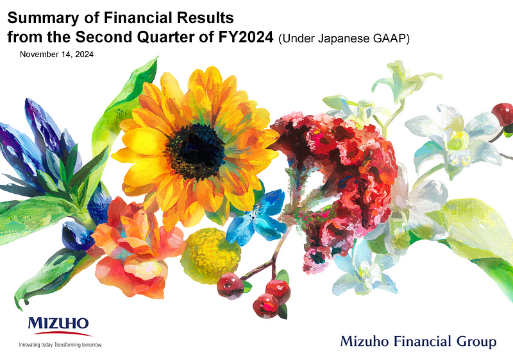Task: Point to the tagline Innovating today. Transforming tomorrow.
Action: point(63,345)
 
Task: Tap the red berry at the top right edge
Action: point(502,111)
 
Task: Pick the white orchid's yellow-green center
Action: point(457,137)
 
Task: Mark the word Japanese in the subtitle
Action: point(339,39)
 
